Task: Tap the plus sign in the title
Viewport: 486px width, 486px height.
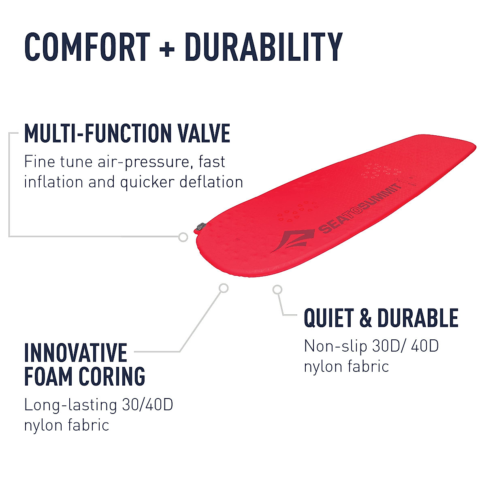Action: click(167, 49)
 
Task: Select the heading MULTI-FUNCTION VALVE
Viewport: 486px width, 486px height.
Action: click(127, 134)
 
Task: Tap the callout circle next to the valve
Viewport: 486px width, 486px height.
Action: click(183, 237)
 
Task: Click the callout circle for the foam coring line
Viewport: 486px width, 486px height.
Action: click(223, 288)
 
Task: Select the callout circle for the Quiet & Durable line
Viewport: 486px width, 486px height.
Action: click(277, 289)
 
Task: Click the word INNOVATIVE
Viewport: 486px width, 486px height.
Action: click(76, 352)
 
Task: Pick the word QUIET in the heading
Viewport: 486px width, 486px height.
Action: click(328, 318)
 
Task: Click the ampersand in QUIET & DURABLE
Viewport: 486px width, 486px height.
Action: click(365, 318)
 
